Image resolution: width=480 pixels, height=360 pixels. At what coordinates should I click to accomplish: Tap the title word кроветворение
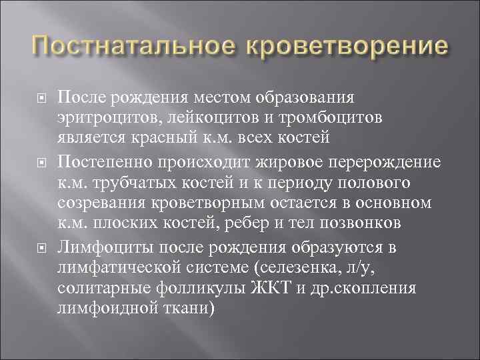pyautogui.click(x=344, y=49)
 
